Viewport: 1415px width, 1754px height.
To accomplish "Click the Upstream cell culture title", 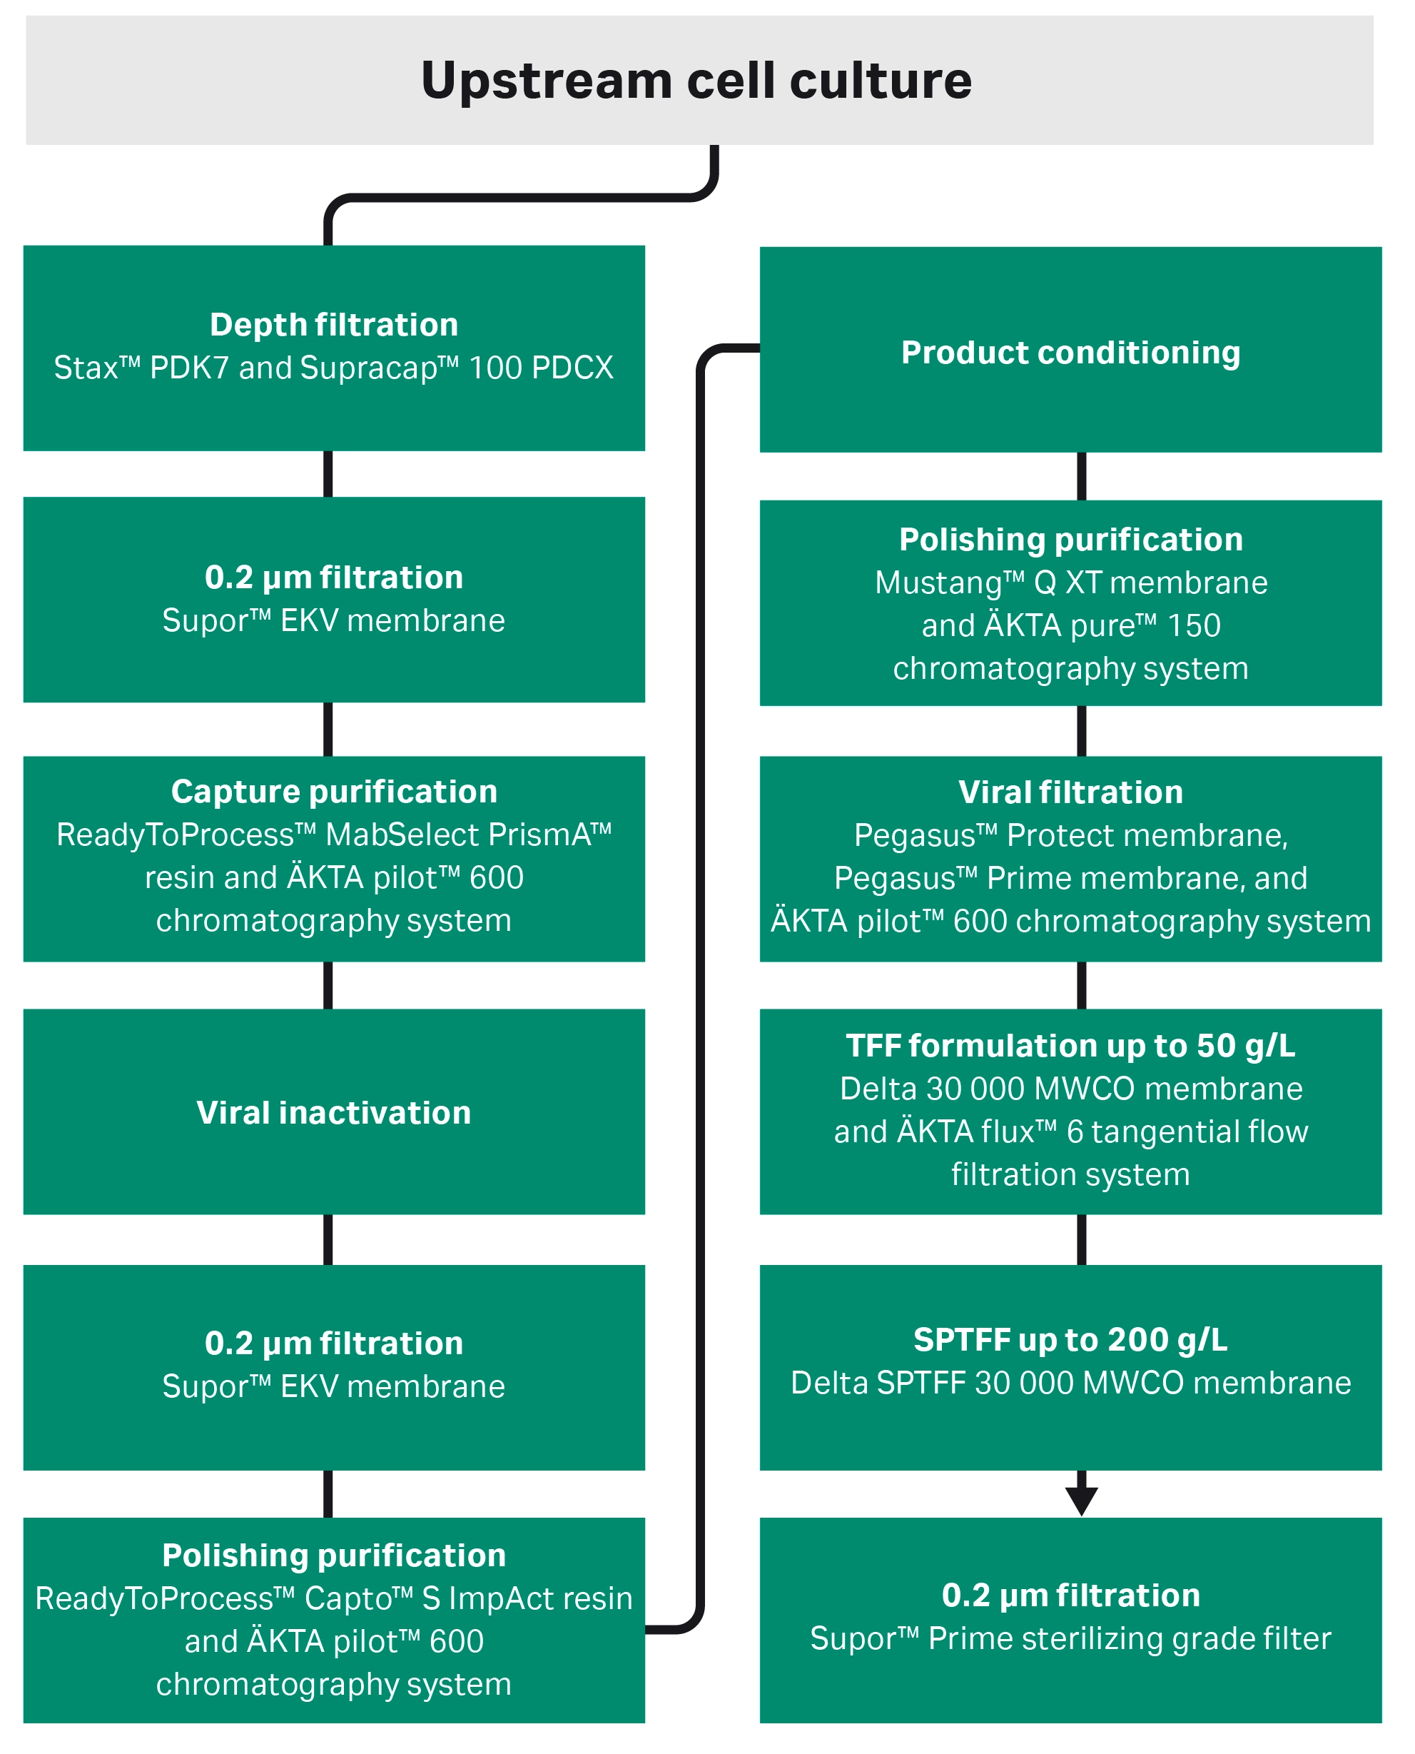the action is [x=697, y=81].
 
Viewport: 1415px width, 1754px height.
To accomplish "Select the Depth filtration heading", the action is [x=334, y=325].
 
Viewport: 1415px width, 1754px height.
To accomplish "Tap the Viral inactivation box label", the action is [x=334, y=1112].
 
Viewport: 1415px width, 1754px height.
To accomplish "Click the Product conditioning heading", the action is [x=1071, y=352].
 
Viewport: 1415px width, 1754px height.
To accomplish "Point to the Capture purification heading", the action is [x=334, y=792].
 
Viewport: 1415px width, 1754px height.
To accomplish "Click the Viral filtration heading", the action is [x=1071, y=792].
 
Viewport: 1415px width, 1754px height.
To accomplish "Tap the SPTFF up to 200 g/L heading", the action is [x=1071, y=1340].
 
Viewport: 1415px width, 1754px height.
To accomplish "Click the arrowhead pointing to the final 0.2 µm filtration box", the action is [x=1082, y=1501].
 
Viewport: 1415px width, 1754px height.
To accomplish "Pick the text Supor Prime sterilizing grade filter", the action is [x=1071, y=1638].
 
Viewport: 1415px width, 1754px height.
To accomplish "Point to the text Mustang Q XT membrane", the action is [x=1071, y=583].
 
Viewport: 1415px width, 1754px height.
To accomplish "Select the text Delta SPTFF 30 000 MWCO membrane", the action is [x=1071, y=1383].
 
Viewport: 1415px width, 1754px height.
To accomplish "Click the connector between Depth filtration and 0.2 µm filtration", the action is [x=328, y=474].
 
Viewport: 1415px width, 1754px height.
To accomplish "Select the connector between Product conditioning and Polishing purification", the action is [x=1082, y=476].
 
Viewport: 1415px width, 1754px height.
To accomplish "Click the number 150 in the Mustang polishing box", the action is [x=1194, y=626].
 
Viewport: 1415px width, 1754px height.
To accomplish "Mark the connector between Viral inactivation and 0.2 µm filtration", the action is [x=328, y=1239].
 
